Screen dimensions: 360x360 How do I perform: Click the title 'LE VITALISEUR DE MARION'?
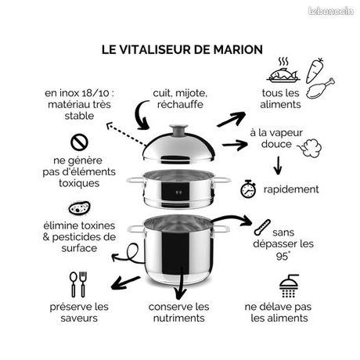(182, 49)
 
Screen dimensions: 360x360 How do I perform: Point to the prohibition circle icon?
(78, 142)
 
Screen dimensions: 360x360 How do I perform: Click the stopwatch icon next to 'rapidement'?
(248, 189)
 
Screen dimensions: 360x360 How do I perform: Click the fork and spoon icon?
(78, 284)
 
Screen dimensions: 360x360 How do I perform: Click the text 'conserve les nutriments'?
(179, 312)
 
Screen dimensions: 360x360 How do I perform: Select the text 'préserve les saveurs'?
(78, 312)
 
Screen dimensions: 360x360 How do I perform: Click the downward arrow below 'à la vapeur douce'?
(277, 165)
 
